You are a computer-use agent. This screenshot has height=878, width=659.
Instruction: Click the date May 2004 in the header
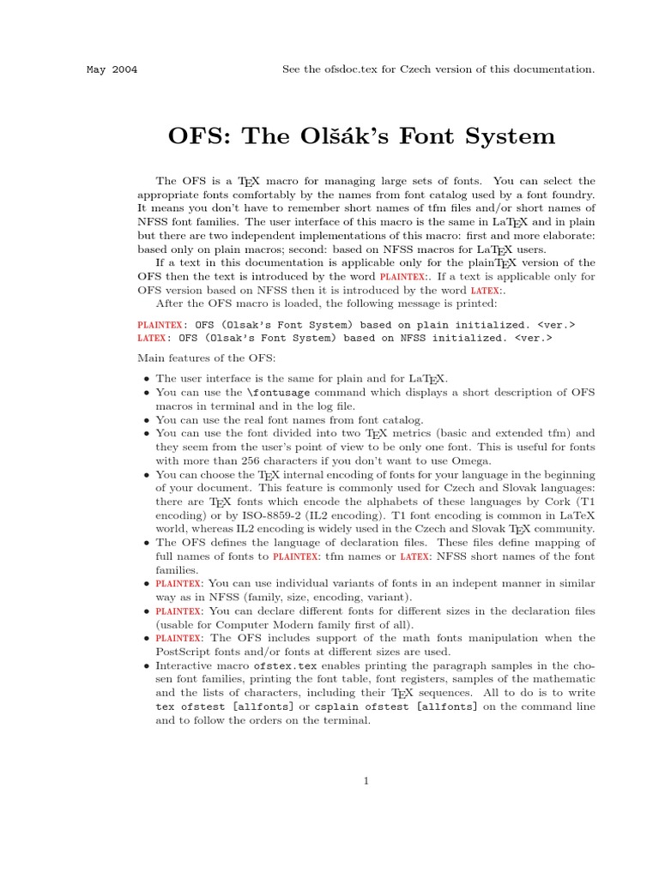coord(112,69)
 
